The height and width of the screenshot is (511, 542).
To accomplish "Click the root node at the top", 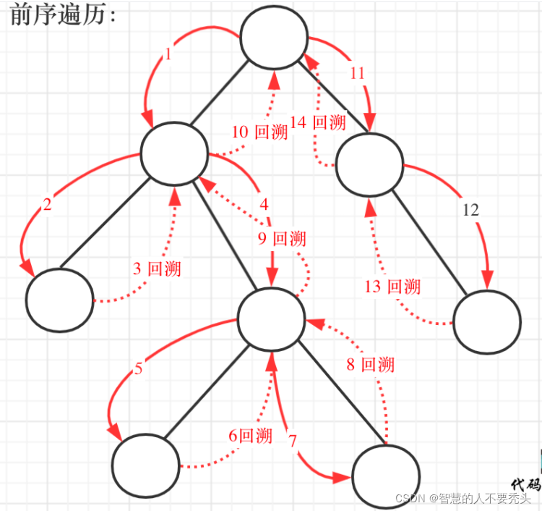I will point(274,36).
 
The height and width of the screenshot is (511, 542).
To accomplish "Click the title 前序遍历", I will point(63,16).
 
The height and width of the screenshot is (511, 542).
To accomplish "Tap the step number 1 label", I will point(168,54).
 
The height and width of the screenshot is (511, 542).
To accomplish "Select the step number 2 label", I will point(48,205).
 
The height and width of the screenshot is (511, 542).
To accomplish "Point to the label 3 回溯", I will point(157,269).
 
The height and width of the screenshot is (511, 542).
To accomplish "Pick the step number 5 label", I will point(139,369).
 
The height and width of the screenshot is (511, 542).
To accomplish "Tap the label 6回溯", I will point(250,436).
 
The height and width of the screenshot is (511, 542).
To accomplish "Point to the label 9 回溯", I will point(282,239).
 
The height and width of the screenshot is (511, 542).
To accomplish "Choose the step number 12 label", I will point(470,211).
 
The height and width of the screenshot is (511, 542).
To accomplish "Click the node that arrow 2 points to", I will point(59,300).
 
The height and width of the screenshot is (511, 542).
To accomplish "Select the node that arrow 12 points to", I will point(487,323).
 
